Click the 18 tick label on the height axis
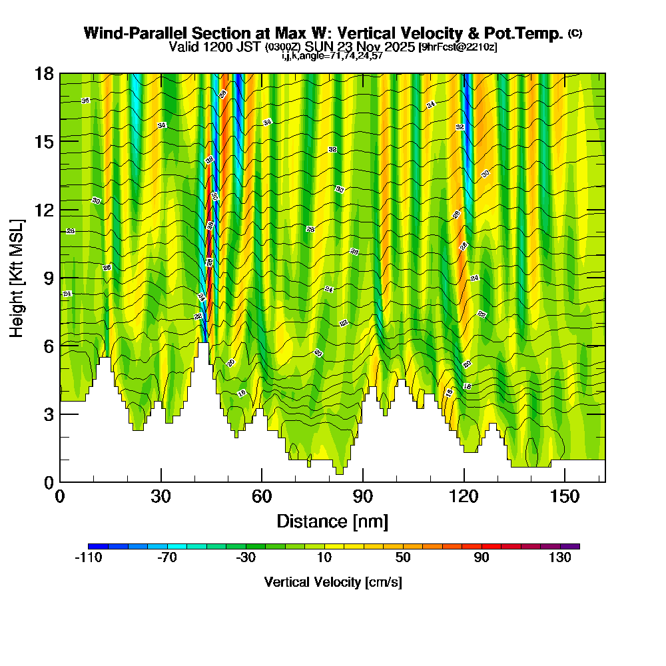point(44,73)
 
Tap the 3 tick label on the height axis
point(48,414)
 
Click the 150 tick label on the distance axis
point(564,496)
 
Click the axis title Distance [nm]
point(332,521)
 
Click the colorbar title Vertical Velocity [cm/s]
point(332,582)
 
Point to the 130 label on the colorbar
point(560,558)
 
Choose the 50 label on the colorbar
point(403,558)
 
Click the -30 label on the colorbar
point(246,558)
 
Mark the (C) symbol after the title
point(575,33)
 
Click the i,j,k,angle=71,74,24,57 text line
point(332,56)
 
